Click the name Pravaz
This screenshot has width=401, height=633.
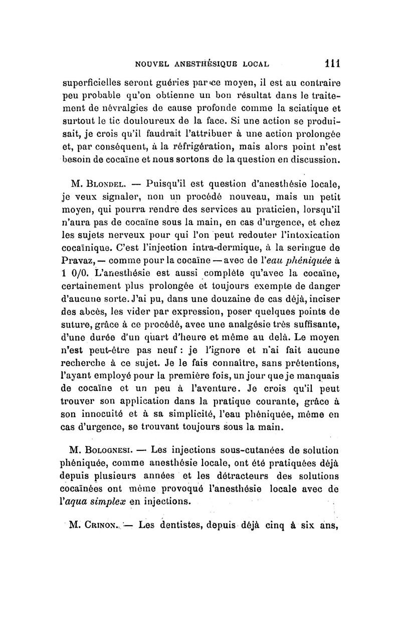pos(81,260)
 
